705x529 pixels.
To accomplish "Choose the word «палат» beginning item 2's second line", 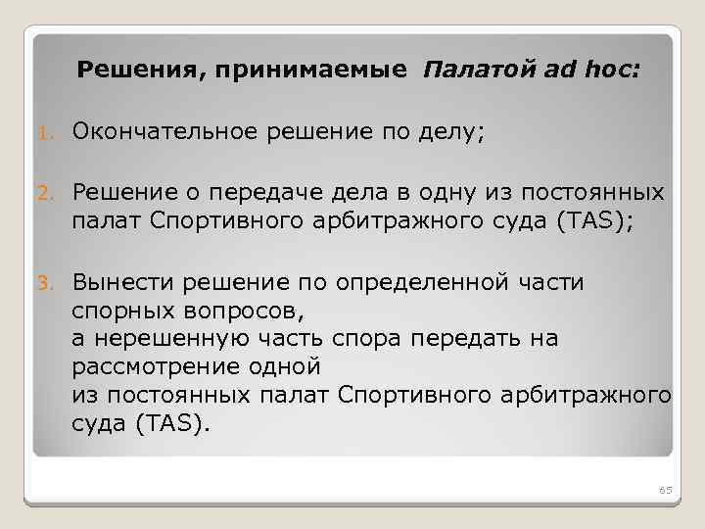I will pyautogui.click(x=106, y=219).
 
